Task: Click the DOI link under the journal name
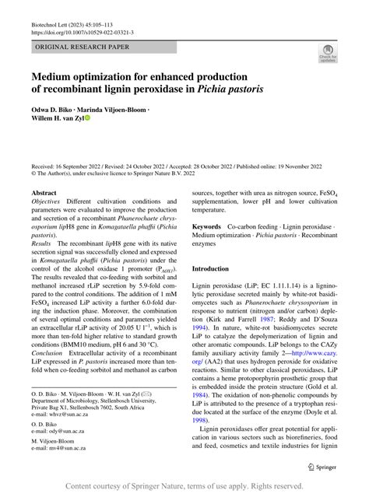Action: pyautogui.click(x=82, y=33)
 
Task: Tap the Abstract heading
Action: pyautogui.click(x=44, y=191)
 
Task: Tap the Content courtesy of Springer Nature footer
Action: pyautogui.click(x=184, y=486)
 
